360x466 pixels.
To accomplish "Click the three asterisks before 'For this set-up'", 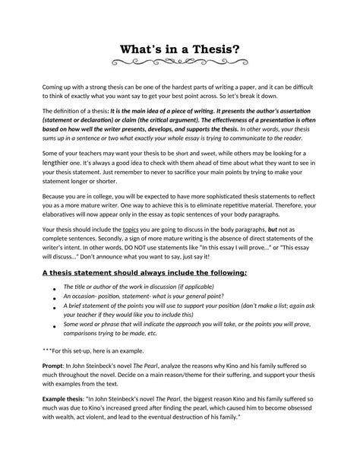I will coord(46,351).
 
